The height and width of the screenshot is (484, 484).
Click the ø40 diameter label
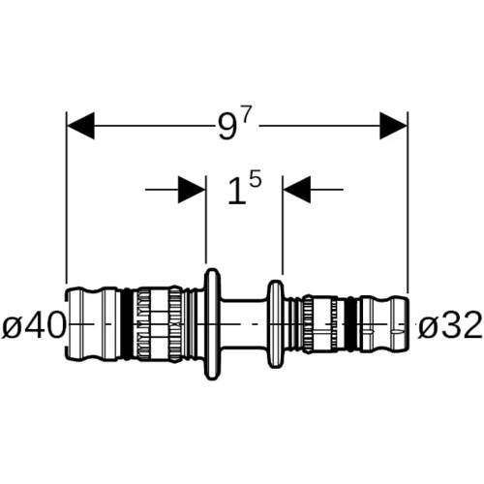(34, 324)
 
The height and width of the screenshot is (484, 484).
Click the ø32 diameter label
(450, 324)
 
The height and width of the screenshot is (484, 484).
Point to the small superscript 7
(245, 113)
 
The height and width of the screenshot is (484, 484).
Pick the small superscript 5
(256, 179)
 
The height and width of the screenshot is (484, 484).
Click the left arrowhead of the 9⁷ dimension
(80, 126)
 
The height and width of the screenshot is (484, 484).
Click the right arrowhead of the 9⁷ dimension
(393, 126)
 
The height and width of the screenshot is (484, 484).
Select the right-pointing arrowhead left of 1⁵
(192, 190)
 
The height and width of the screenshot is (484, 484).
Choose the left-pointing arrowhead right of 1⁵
(297, 190)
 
